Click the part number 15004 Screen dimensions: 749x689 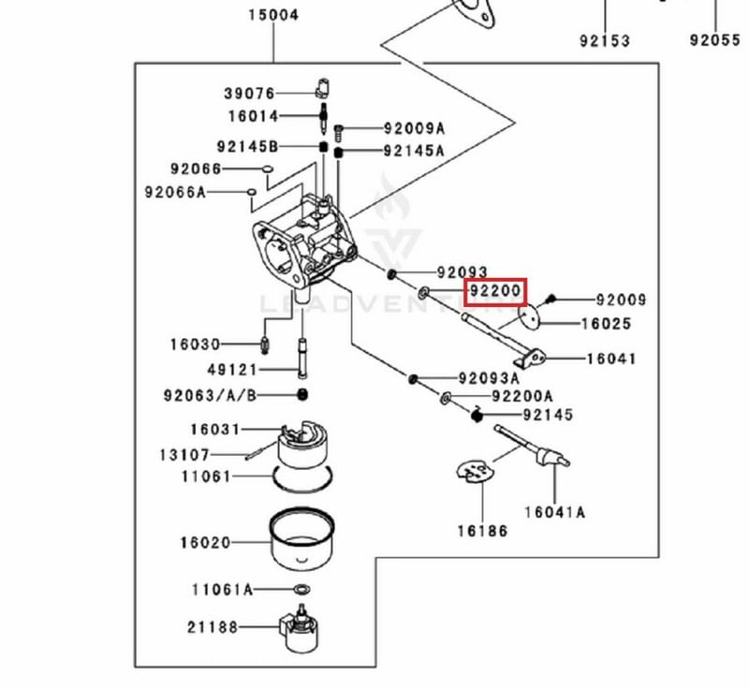pyautogui.click(x=273, y=15)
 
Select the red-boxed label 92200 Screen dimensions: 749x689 pyautogui.click(x=496, y=291)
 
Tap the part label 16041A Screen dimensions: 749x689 pyautogui.click(x=554, y=512)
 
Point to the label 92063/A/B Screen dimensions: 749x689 pyautogui.click(x=210, y=395)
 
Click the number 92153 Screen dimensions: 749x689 pyautogui.click(x=605, y=41)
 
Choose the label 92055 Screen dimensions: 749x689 pyautogui.click(x=715, y=40)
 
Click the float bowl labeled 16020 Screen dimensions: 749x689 pyautogui.click(x=301, y=538)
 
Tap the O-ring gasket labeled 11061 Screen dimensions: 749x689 pyautogui.click(x=302, y=479)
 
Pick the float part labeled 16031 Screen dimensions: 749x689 pyautogui.click(x=303, y=444)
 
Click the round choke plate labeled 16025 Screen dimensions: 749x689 pyautogui.click(x=528, y=317)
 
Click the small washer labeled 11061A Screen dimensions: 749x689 pyautogui.click(x=301, y=589)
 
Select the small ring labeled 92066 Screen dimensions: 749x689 pyautogui.click(x=268, y=169)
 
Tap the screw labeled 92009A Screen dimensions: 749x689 pyautogui.click(x=339, y=131)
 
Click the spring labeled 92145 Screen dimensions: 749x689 pyautogui.click(x=477, y=415)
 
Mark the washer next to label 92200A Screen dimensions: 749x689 pyautogui.click(x=446, y=397)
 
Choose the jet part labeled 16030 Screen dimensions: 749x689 pyautogui.click(x=266, y=344)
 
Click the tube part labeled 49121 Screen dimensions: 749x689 pyautogui.click(x=302, y=358)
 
